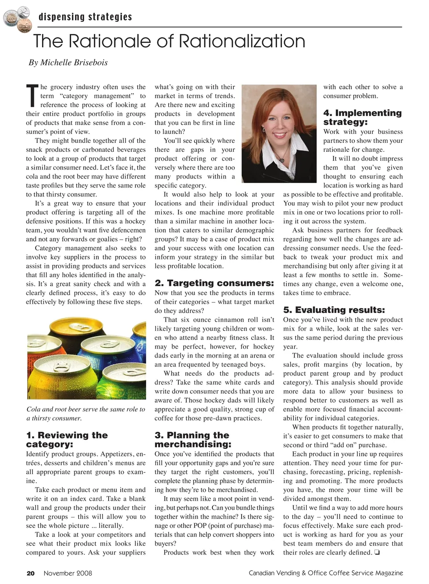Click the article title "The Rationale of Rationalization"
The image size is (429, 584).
[x=169, y=42]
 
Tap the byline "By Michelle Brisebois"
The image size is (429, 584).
[x=68, y=63]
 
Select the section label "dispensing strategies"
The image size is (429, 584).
[x=85, y=17]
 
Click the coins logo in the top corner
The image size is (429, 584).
[x=16, y=18]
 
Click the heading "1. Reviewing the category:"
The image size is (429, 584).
[x=67, y=439]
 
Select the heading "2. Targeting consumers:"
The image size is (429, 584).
[x=214, y=283]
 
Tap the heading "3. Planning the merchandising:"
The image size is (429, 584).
[x=193, y=439]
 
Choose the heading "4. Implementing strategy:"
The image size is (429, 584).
[x=362, y=117]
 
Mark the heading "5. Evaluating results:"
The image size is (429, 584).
[x=334, y=310]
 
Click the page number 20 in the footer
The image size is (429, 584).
[x=30, y=573]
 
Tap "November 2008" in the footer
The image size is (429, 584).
[x=67, y=573]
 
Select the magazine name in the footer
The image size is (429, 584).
[x=326, y=573]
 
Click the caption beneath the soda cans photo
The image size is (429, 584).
[x=86, y=413]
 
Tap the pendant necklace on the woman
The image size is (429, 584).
[x=282, y=158]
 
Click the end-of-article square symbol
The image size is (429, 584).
[x=378, y=553]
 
